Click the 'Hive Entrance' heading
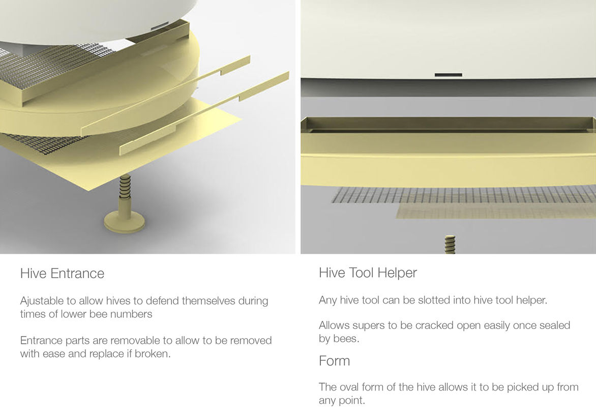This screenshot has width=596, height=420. tap(62, 273)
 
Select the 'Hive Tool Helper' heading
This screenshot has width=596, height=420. tap(368, 273)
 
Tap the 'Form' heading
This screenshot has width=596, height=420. tap(334, 361)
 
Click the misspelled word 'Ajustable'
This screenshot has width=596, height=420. tap(42, 301)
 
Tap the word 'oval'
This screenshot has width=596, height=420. tap(349, 387)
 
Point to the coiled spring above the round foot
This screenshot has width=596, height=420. tap(125, 186)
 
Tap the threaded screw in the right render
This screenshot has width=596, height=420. tap(450, 245)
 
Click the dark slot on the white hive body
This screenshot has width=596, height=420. tap(448, 75)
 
